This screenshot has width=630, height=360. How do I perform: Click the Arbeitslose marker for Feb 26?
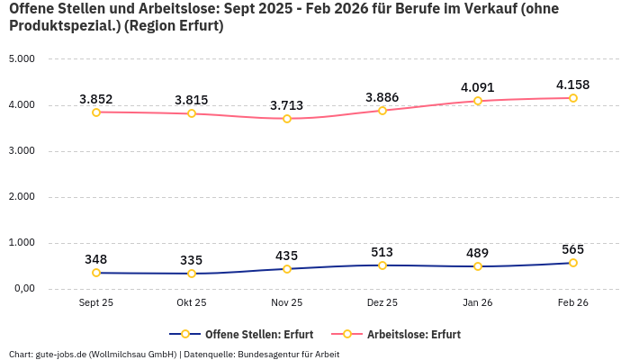coord(572,98)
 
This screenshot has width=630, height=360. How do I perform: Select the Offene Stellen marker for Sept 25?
coord(96,273)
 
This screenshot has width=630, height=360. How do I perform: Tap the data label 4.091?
coord(477,87)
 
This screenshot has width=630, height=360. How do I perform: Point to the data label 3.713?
coord(287,105)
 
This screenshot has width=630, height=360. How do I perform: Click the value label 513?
coord(382,252)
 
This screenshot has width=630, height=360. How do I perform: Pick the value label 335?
coord(192,260)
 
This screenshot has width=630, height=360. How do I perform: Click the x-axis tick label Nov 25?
coord(287,303)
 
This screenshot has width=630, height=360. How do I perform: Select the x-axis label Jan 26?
coord(477,303)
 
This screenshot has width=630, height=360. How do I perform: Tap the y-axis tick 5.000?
coord(22,59)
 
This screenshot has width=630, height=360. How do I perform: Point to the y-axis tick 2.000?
coord(22,197)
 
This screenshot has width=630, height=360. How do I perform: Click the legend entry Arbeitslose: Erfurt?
coord(413,334)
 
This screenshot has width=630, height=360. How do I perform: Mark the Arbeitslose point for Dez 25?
coord(382,111)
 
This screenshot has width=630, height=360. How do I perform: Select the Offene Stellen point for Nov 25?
coord(287,269)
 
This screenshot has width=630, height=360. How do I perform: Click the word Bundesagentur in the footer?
coord(267,354)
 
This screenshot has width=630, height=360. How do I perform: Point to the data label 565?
coord(572,249)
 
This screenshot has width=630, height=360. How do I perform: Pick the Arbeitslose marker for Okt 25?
coord(192,113)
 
